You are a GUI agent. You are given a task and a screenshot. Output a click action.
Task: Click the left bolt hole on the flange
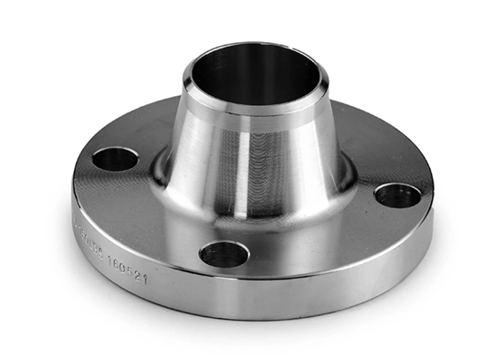(115, 159)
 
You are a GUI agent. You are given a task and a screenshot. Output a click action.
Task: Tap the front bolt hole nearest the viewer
(224, 253)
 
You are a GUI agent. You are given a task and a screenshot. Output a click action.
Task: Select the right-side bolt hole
(398, 196)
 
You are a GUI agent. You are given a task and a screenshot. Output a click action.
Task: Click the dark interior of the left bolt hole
(115, 162)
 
